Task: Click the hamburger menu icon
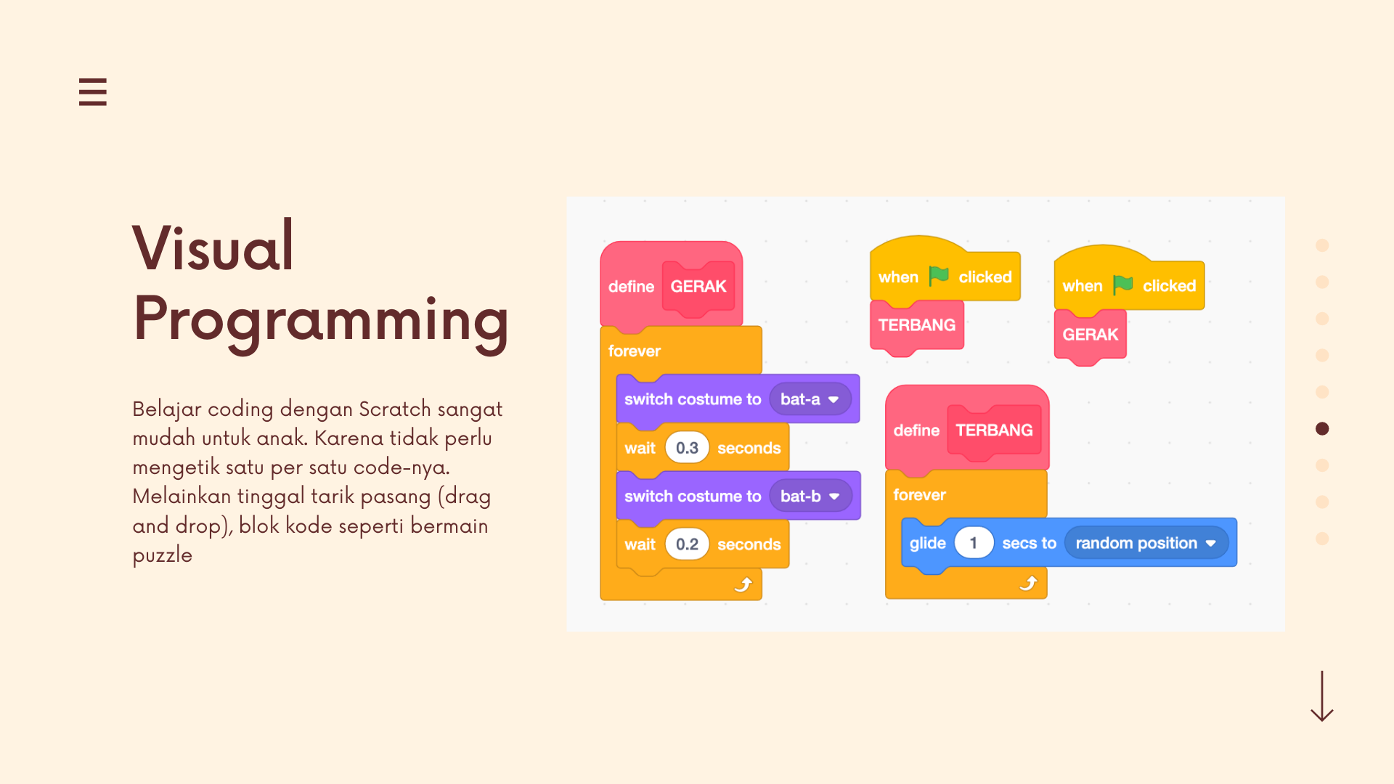[x=93, y=92]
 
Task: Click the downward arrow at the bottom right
[x=1321, y=696]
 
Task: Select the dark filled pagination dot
[x=1322, y=429]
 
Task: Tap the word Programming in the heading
[x=321, y=319]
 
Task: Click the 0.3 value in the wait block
[x=687, y=448]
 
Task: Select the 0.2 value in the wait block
[x=687, y=544]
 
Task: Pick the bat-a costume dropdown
[x=810, y=399]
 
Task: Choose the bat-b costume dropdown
[x=810, y=496]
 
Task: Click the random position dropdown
[x=1146, y=543]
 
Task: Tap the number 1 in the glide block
[x=973, y=543]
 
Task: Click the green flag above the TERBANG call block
[x=939, y=276]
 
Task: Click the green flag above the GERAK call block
[x=1122, y=285]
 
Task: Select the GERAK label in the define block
[x=698, y=287]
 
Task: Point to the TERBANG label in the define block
[x=994, y=430]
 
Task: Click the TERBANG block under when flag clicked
[x=917, y=326]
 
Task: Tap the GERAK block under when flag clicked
[x=1090, y=335]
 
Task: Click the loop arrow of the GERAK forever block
[x=743, y=584]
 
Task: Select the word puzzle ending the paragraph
[x=163, y=555]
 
